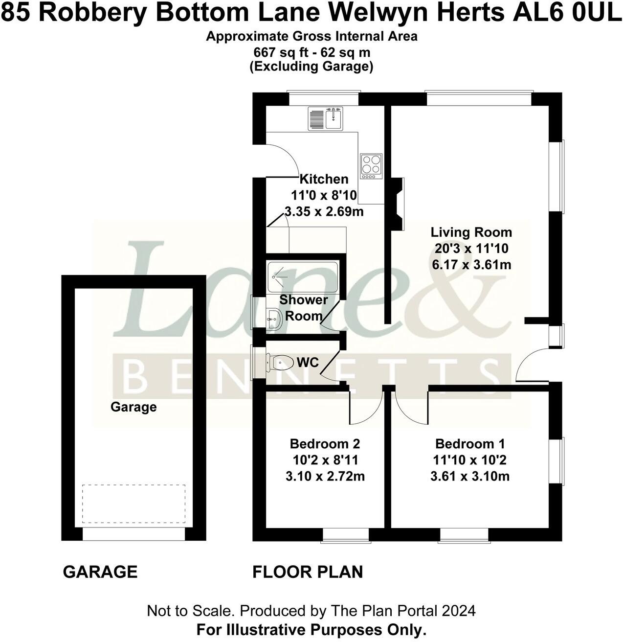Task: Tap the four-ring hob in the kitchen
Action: pyautogui.click(x=371, y=165)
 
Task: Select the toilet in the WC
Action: pyautogui.click(x=278, y=363)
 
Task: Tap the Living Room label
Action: pyautogui.click(x=471, y=232)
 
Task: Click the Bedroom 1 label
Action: pyautogui.click(x=470, y=444)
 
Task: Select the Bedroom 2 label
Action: pyautogui.click(x=325, y=444)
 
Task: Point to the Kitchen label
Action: pyautogui.click(x=324, y=179)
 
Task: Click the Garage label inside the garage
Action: pyautogui.click(x=133, y=407)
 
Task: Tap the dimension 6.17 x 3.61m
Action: pyautogui.click(x=471, y=265)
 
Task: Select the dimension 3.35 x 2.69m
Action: pyautogui.click(x=324, y=212)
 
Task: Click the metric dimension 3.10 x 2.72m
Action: pyautogui.click(x=325, y=476)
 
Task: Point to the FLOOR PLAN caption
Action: pyautogui.click(x=308, y=572)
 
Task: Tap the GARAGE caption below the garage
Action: pyautogui.click(x=100, y=572)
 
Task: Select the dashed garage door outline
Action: pyautogui.click(x=133, y=504)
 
